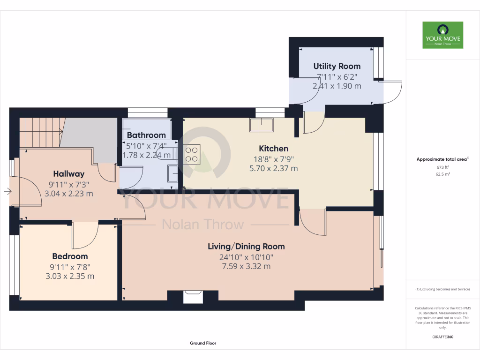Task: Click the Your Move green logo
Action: pos(442,35)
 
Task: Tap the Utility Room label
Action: pos(337,66)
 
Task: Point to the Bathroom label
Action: pos(146,135)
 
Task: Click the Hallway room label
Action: pos(68,173)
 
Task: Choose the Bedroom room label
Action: pos(70,256)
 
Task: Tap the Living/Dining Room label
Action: pos(246,247)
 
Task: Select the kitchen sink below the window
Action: pos(261,125)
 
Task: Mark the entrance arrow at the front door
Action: pos(7,191)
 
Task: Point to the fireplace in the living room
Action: pos(193,297)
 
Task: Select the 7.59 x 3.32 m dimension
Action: pos(246,267)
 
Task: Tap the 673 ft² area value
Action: pos(442,167)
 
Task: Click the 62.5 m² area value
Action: pos(442,174)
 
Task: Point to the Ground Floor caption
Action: pos(203,343)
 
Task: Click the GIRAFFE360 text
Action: pos(442,337)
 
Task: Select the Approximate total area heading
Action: pos(442,159)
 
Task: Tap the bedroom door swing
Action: pos(85,236)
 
